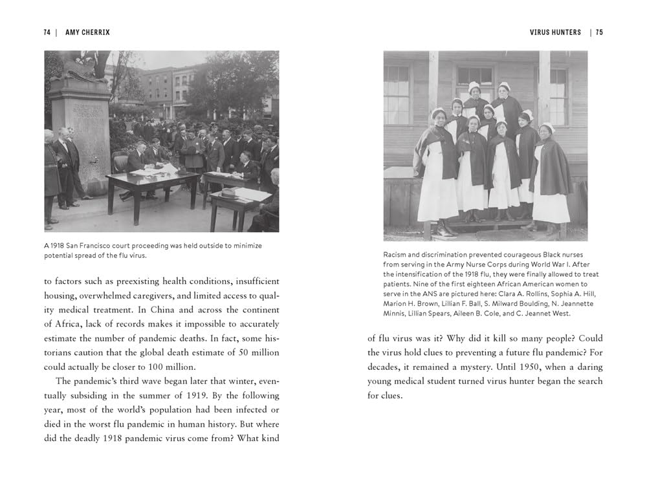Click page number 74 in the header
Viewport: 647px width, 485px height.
pyautogui.click(x=47, y=32)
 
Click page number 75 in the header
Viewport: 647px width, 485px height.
pyautogui.click(x=599, y=32)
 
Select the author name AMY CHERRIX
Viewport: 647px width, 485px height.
pyautogui.click(x=86, y=32)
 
